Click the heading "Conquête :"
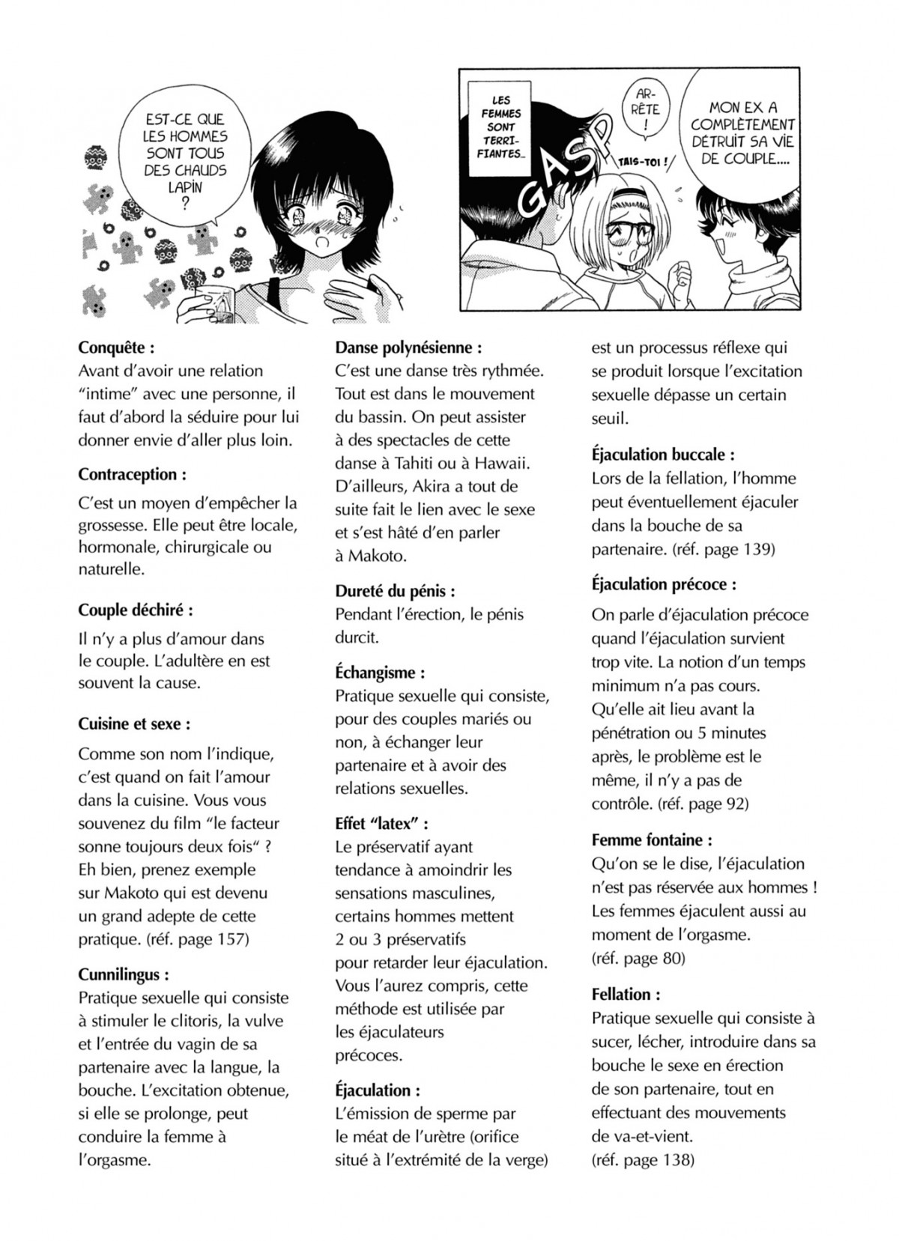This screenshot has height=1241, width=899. pos(116,348)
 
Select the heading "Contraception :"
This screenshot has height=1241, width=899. pos(132,475)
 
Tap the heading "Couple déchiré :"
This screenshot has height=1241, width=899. pos(136,610)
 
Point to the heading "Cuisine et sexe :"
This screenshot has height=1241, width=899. pos(134,724)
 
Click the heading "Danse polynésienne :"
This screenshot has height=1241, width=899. pos(408,348)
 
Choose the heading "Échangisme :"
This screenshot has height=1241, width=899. pos(380,673)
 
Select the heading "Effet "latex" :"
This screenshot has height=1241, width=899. pos(381,824)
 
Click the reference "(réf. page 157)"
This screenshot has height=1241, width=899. pos(198,939)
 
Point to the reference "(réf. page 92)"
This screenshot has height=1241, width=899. pos(703,804)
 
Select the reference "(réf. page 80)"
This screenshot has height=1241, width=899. pos(638,958)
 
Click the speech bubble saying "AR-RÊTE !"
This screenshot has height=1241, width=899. pos(647,111)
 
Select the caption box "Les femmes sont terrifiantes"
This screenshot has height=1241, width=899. pos(500,127)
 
